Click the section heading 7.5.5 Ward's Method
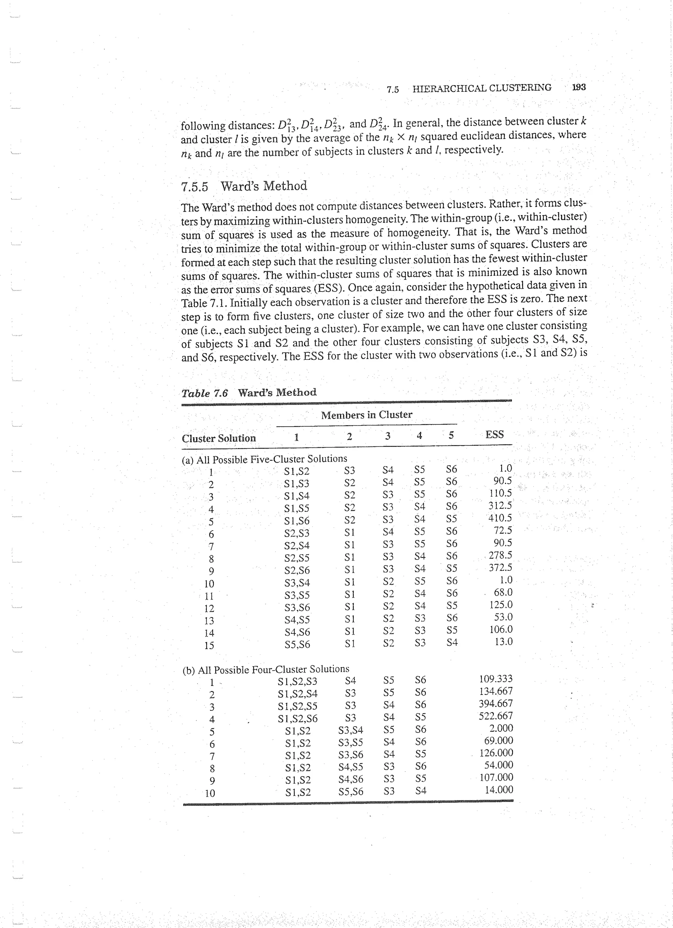244,186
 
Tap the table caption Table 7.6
204,393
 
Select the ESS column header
494,435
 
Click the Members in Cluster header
367,415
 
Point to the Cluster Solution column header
219,438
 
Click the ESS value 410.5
500,518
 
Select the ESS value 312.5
500,506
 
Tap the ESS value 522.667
496,716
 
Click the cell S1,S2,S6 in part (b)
297,719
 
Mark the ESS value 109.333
496,679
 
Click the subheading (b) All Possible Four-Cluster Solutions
266,669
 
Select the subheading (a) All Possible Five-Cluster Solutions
264,459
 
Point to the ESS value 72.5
503,531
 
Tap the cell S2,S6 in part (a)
297,570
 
